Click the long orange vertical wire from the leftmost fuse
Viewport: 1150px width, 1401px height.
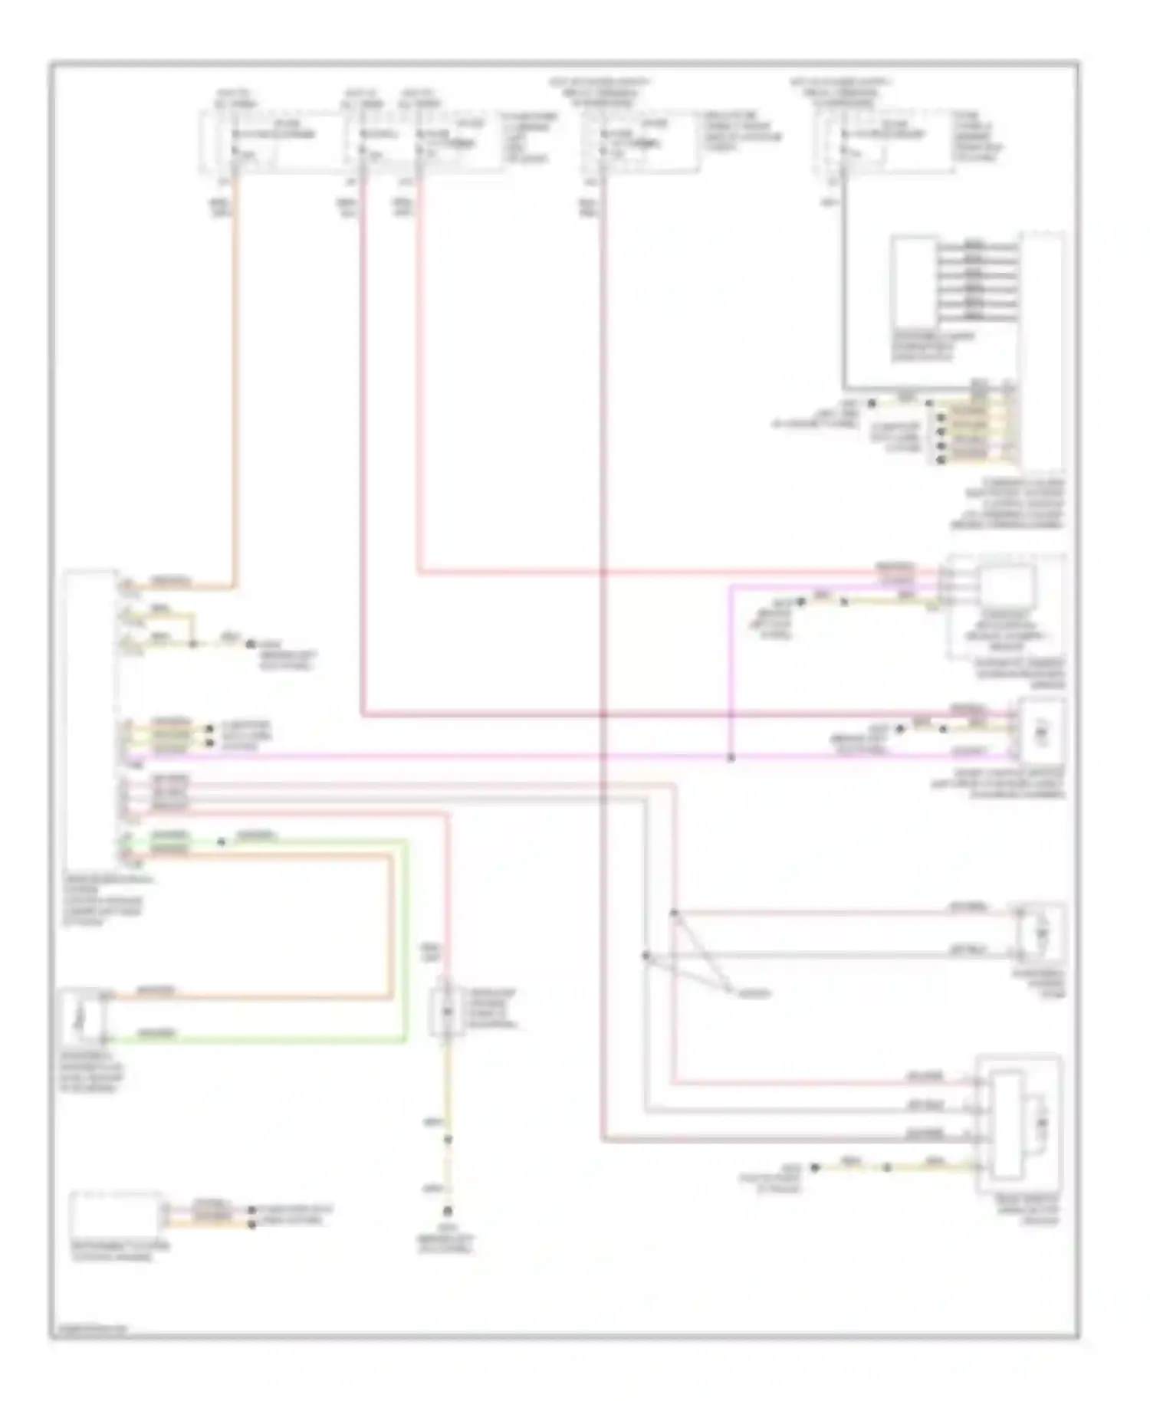[233, 383]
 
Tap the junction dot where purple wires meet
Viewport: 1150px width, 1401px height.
[731, 758]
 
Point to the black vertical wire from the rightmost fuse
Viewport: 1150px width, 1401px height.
[844, 291]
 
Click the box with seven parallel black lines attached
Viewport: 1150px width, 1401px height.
[914, 284]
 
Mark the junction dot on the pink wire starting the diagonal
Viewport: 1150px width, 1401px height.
[674, 913]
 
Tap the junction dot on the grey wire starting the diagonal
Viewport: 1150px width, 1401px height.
[646, 955]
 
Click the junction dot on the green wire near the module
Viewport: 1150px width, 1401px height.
[222, 842]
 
